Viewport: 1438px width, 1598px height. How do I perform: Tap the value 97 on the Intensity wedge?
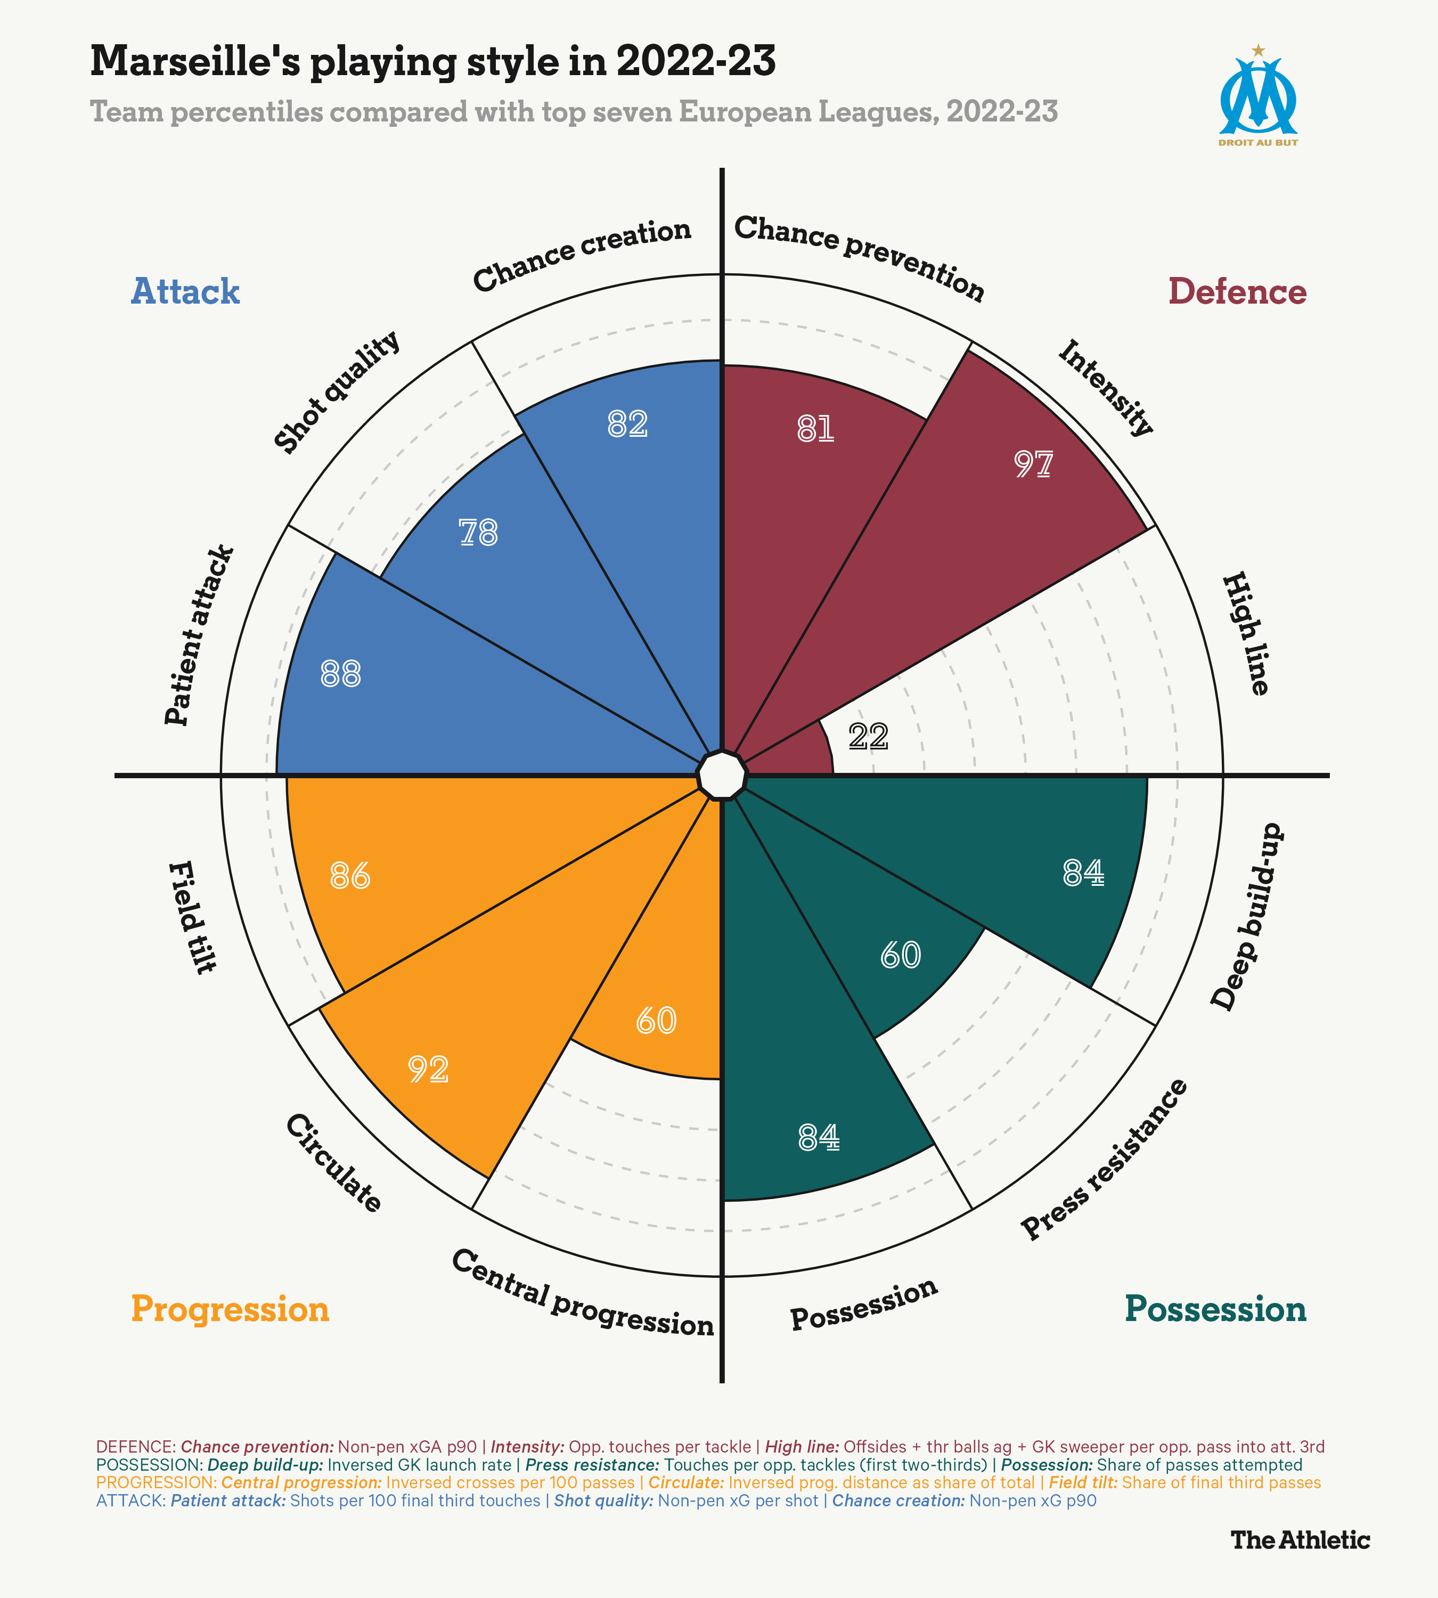(1033, 464)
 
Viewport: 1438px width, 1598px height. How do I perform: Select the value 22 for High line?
(868, 737)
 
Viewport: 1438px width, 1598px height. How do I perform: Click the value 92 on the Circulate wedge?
(428, 1069)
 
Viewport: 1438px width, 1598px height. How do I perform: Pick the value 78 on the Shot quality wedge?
(478, 533)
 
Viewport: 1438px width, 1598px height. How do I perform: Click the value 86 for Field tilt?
(350, 876)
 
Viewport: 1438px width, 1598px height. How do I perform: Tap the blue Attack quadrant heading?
(185, 291)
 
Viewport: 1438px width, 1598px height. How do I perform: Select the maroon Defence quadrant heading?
(1237, 291)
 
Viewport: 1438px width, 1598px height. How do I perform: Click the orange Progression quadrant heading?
(230, 1309)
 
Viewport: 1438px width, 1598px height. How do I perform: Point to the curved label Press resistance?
(1105, 1159)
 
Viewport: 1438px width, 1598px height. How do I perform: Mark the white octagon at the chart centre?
(721, 775)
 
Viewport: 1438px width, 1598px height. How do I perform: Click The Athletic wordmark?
(1300, 1539)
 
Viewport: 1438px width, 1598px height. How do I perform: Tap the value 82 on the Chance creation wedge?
(627, 425)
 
